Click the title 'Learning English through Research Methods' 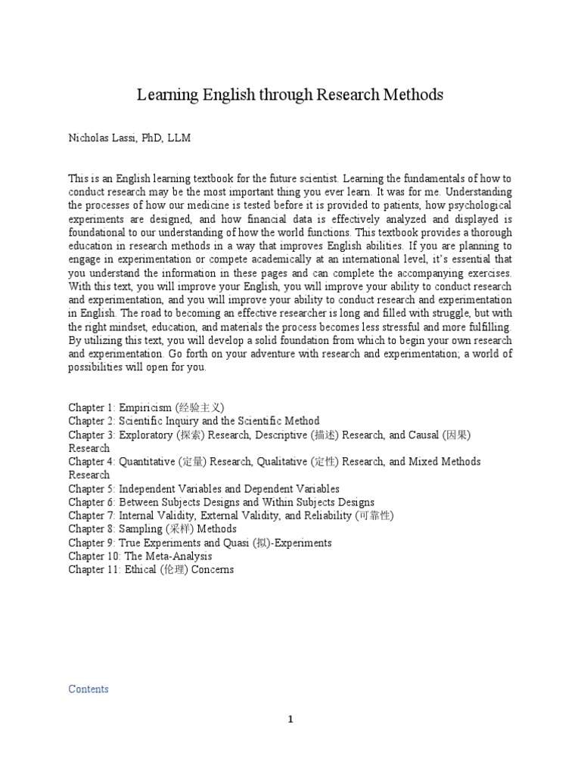coord(290,95)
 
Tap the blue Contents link coord(89,689)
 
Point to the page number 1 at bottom coord(290,720)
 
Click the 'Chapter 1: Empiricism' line coord(146,407)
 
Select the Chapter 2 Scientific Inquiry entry coord(194,421)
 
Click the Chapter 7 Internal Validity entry coord(231,515)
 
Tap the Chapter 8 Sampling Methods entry coord(152,529)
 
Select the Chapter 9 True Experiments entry coord(200,543)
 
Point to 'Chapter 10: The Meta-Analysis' coord(141,556)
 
